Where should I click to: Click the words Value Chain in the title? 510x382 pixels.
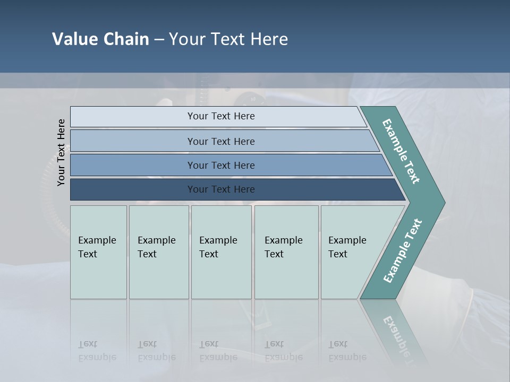[100, 39]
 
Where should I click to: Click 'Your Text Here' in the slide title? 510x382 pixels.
[228, 39]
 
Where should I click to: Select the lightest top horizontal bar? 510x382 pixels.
[220, 116]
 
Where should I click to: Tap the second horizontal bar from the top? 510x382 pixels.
[220, 141]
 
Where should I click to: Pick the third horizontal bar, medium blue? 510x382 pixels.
[220, 165]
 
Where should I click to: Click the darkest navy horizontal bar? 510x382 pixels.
[220, 189]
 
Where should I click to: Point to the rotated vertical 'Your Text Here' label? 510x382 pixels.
[61, 152]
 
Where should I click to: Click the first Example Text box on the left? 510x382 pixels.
[98, 252]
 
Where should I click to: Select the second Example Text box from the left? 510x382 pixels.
[159, 252]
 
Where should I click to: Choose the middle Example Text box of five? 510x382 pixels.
[221, 252]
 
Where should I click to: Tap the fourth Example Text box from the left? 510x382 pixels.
[286, 252]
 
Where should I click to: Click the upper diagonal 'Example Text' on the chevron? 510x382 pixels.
[402, 151]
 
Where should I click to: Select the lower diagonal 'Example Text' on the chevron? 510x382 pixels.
[403, 251]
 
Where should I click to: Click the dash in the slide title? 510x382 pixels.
[159, 40]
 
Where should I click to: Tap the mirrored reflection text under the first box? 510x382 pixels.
[97, 351]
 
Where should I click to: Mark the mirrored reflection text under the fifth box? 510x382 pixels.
[347, 351]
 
